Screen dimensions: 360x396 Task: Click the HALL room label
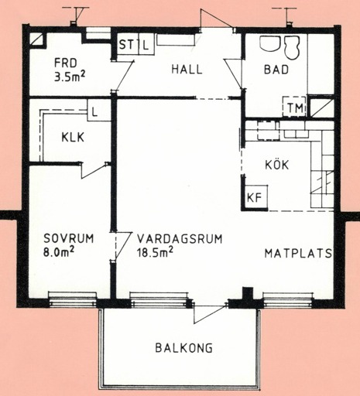[x=187, y=70]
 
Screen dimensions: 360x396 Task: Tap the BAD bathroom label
[x=276, y=70]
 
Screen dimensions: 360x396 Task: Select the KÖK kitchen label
[x=277, y=165]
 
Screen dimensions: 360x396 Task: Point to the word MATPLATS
[x=298, y=253]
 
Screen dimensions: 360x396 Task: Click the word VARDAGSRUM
[x=180, y=239]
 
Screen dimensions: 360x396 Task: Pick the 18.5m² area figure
[x=155, y=252]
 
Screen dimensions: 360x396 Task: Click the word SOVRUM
[x=69, y=238]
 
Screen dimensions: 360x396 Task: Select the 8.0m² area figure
[x=59, y=252]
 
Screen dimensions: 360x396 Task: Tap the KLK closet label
[x=73, y=137]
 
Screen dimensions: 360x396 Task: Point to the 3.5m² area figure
[x=70, y=77]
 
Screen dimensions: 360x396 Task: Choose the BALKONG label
[x=184, y=348]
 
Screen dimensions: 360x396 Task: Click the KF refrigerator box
[x=255, y=197]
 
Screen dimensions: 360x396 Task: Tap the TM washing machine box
[x=294, y=107]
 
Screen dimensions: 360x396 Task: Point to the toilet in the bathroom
[x=292, y=48]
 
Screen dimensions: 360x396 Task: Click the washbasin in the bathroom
[x=270, y=44]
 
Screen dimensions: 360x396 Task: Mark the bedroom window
[x=73, y=299]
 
